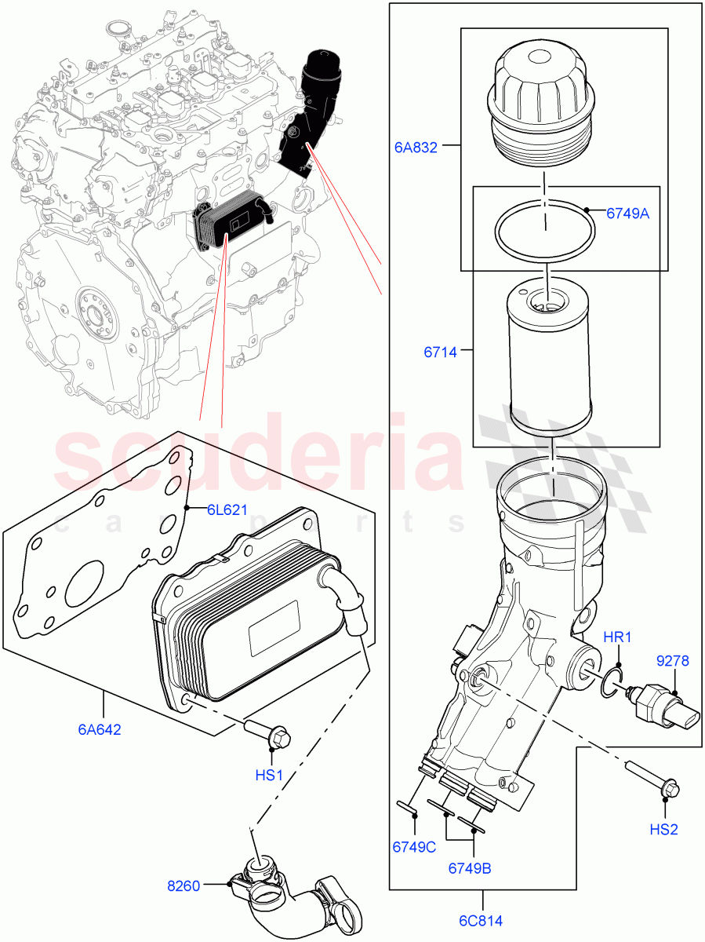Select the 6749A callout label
coord(627,213)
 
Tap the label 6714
coord(441,352)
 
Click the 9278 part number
coord(672,661)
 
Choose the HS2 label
coord(663,829)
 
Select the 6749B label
coord(471,868)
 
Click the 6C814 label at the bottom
coord(482,921)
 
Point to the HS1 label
coord(269,775)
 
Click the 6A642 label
coord(100,728)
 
